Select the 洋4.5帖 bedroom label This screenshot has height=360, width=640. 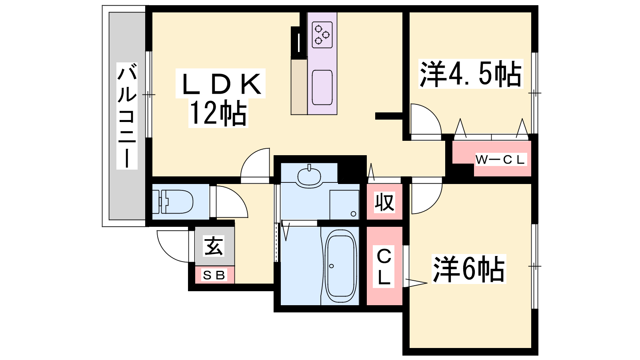coord(470,74)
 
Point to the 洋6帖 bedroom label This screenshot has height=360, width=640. coord(468,269)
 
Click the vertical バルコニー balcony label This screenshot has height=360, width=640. coord(127,116)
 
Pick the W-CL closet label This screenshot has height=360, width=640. coord(500,160)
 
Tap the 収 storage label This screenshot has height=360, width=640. coord(384,202)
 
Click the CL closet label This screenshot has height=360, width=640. coord(384,266)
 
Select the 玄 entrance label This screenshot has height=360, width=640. coord(214,246)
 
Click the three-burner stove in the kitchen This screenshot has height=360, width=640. coord(322,35)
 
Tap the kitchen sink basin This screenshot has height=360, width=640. coord(322,88)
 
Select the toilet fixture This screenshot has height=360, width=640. coord(172,202)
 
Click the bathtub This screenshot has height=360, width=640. coord(340,266)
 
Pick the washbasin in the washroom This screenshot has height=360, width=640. coord(309,176)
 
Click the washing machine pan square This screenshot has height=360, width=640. coord(344,204)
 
